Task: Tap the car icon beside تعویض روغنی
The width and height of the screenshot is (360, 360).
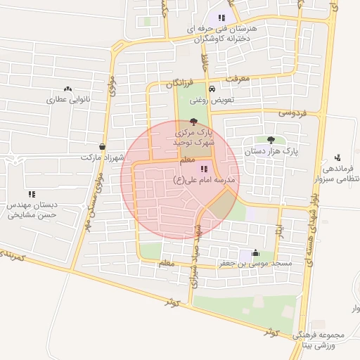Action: click(212, 89)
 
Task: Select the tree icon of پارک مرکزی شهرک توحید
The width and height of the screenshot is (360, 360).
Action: click(194, 121)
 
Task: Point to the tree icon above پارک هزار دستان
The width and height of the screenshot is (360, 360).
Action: click(271, 140)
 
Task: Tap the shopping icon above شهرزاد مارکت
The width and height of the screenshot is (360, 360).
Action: click(103, 147)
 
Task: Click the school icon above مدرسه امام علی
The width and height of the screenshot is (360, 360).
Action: click(204, 169)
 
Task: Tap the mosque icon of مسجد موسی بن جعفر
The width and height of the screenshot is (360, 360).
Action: click(255, 254)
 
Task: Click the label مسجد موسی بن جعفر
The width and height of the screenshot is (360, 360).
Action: click(254, 264)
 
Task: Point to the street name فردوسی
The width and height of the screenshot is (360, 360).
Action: click(293, 112)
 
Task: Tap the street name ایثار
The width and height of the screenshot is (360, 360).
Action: click(279, 229)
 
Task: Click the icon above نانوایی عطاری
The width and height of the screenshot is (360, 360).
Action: click(67, 89)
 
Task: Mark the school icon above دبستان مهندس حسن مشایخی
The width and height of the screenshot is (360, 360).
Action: click(32, 193)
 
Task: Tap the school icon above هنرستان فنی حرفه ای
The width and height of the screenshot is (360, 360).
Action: click(221, 18)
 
